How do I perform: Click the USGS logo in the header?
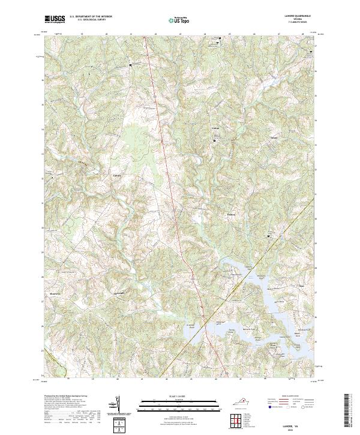[x=54, y=19]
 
